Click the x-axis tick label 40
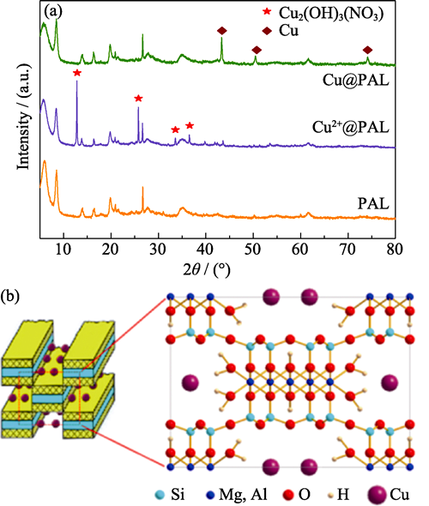click(206, 250)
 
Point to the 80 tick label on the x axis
click(395, 250)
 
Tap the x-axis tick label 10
click(63, 250)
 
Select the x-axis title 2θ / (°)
click(207, 270)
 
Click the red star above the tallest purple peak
click(77, 73)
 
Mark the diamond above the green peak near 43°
click(221, 31)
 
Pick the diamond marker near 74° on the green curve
click(367, 50)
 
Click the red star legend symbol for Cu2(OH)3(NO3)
click(267, 12)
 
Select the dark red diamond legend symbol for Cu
click(268, 31)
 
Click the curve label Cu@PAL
click(356, 80)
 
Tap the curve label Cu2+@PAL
click(351, 127)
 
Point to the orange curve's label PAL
click(373, 203)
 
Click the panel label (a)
click(53, 12)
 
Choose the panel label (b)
click(9, 296)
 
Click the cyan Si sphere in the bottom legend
click(160, 495)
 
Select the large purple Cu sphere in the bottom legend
click(377, 494)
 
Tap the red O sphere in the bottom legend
click(288, 495)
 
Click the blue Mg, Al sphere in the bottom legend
click(210, 495)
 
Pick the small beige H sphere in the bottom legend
click(330, 495)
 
